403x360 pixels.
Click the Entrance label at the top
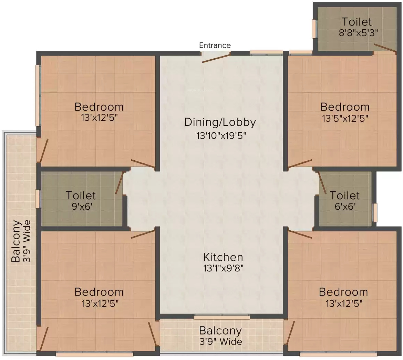(215, 45)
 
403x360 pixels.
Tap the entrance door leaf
(216, 58)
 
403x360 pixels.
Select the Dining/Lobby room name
(220, 122)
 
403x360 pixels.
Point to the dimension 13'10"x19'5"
(221, 136)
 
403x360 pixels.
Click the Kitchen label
(223, 257)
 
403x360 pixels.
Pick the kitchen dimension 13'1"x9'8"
(223, 268)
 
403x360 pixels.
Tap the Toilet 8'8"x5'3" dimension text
(358, 33)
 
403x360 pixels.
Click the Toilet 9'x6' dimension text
(82, 206)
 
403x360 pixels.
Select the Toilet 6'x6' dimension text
(345, 206)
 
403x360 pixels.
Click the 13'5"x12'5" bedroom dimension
(345, 118)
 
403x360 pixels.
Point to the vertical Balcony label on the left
(16, 241)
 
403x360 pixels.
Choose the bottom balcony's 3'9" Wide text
(220, 342)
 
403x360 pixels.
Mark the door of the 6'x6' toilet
(322, 183)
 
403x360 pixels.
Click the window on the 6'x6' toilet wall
(375, 212)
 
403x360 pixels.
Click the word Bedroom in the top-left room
(99, 107)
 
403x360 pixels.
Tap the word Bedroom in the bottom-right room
(343, 292)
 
